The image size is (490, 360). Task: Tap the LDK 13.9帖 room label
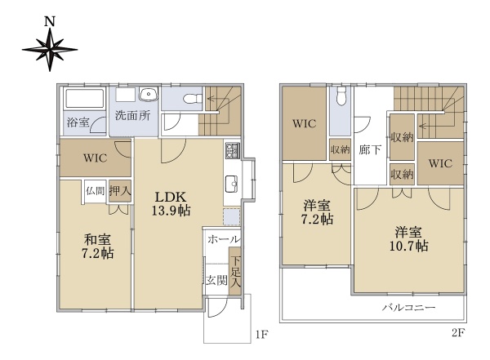[171, 203]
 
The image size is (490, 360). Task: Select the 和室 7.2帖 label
[97, 247]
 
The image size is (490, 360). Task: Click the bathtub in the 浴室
[84, 99]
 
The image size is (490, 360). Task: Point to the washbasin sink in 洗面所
[149, 94]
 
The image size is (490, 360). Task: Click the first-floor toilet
[192, 99]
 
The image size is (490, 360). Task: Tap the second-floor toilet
[341, 96]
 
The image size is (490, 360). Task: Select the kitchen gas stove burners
[233, 150]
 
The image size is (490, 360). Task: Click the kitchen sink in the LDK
[231, 184]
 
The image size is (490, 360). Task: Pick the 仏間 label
[95, 190]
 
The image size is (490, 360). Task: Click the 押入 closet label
[120, 191]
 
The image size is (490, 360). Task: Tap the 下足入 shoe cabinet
[235, 271]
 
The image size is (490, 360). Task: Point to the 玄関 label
[216, 280]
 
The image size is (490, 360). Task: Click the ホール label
[223, 240]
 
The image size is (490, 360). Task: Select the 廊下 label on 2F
[370, 150]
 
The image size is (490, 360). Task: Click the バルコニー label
[409, 308]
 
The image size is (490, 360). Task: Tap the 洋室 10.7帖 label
[409, 239]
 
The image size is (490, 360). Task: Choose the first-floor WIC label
[96, 158]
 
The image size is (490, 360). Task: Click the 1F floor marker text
[262, 335]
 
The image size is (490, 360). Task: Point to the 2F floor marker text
[457, 333]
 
